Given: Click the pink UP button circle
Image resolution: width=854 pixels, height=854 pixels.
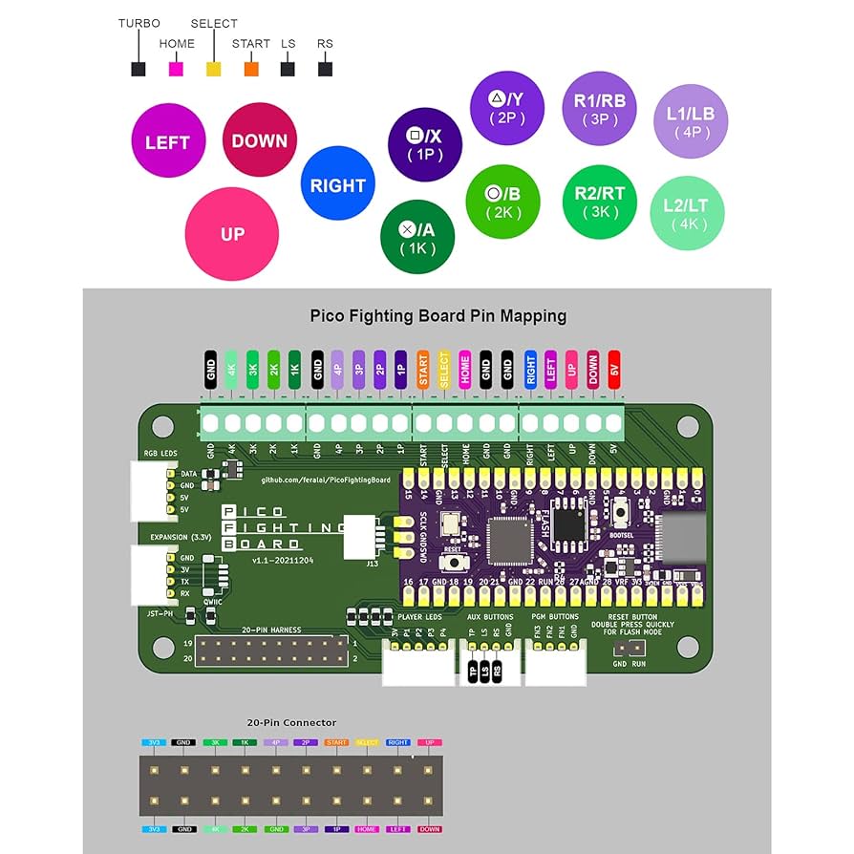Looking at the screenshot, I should pos(231,234).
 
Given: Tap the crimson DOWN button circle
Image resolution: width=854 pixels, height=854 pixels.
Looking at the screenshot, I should pos(259,141).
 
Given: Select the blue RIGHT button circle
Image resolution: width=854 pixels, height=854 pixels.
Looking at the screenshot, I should pos(337,185).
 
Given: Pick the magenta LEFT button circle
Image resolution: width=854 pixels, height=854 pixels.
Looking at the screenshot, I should pos(167,142).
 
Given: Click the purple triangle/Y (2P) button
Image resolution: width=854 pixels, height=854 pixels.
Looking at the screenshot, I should pos(507,107).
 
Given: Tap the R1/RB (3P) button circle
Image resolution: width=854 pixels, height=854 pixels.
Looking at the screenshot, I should pos(599,110).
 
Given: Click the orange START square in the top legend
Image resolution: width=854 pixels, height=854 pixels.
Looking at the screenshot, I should pos(251,69).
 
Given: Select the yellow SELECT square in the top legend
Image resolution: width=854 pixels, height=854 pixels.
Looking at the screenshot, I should pos(214,69).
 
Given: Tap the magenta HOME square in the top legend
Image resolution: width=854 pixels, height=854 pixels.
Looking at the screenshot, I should pos(176,69).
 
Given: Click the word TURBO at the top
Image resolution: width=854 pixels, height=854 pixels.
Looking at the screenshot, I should pos(139,23).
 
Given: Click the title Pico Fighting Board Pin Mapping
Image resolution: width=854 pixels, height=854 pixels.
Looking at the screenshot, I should pos(438,315).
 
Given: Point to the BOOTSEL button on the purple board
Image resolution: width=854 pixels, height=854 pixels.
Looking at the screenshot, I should pos(623,515).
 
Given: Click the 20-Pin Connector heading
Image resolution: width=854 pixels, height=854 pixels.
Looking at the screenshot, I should pos(291,723).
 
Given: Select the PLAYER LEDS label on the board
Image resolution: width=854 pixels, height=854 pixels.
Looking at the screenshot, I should pos(418,617).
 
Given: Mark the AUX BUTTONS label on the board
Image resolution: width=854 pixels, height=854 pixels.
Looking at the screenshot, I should pos(490,617).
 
